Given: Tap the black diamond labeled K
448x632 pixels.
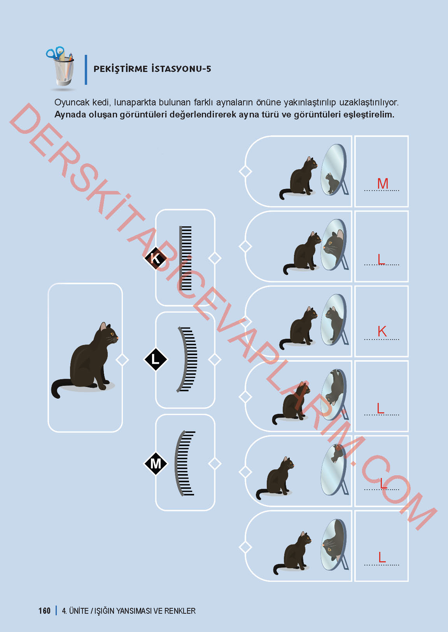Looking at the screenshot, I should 156,258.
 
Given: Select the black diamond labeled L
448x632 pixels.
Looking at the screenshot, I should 156,359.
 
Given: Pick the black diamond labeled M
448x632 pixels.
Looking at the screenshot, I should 156,463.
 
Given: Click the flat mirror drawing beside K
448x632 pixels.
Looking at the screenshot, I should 186,258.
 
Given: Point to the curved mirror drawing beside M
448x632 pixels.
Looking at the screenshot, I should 185,463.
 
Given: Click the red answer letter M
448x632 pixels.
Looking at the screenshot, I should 383,184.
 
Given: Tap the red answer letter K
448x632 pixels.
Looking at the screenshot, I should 382,332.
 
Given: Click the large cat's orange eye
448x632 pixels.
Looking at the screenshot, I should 112,334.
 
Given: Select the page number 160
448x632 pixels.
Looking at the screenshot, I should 44,611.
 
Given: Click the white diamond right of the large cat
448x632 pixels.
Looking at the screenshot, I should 122,360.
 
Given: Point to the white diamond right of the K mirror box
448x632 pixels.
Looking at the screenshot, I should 215,258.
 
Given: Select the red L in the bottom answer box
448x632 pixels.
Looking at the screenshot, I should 382,557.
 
